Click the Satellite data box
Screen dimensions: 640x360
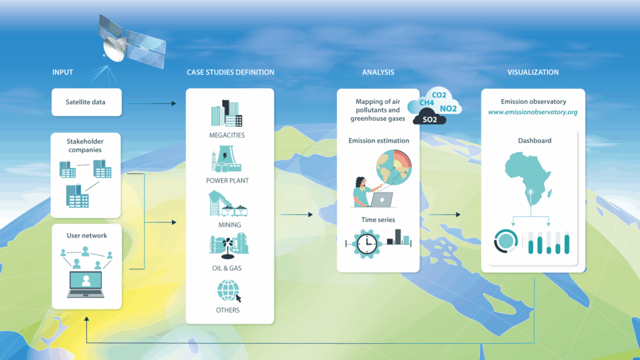click(x=86, y=102)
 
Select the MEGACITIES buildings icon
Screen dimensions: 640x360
click(x=227, y=113)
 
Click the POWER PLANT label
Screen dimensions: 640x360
click(x=227, y=181)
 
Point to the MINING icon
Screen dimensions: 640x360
click(x=227, y=204)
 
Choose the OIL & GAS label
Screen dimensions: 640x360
click(x=227, y=268)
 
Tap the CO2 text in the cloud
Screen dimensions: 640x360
click(x=439, y=95)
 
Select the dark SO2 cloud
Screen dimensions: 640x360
click(x=429, y=117)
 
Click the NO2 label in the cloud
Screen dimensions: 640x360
click(x=448, y=109)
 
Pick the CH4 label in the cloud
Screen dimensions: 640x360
click(x=426, y=103)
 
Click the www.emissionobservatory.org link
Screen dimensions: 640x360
click(x=532, y=112)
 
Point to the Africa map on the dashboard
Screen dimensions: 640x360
click(x=527, y=176)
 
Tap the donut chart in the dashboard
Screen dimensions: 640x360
click(x=506, y=241)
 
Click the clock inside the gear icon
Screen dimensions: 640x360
click(x=366, y=244)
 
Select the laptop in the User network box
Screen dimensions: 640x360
click(x=86, y=284)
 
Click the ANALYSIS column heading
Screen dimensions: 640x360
click(x=378, y=72)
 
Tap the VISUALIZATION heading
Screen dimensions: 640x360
click(x=533, y=72)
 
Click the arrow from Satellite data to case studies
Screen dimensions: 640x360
click(x=151, y=103)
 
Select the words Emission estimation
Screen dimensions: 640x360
click(x=379, y=141)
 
